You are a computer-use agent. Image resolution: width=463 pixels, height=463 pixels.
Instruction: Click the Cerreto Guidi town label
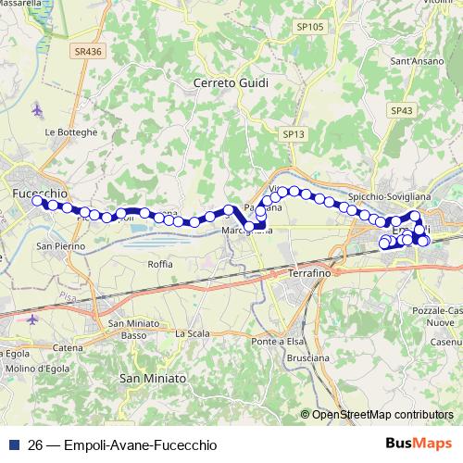click(x=231, y=83)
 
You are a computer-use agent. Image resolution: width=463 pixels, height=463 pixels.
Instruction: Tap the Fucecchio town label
click(x=41, y=193)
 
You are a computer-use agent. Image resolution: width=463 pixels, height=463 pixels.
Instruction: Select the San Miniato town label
click(x=153, y=379)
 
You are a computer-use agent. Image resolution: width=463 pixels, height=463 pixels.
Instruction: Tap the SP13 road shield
click(x=294, y=134)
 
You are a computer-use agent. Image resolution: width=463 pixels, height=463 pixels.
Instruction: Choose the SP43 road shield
click(x=401, y=110)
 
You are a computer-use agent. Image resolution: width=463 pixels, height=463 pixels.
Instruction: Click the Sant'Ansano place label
click(x=413, y=62)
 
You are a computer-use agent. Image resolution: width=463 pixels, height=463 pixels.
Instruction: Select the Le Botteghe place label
click(x=70, y=132)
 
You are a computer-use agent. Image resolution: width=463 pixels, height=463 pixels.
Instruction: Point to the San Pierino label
click(x=60, y=246)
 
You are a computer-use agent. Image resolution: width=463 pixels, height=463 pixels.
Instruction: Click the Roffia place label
click(x=160, y=264)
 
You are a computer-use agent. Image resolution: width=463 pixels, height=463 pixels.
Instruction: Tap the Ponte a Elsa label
click(x=277, y=343)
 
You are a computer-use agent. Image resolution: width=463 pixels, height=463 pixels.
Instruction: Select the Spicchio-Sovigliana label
click(x=386, y=195)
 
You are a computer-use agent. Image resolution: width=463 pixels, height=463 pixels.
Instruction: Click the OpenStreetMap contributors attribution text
click(x=382, y=416)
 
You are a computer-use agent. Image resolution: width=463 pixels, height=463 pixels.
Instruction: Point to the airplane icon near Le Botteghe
click(x=37, y=110)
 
